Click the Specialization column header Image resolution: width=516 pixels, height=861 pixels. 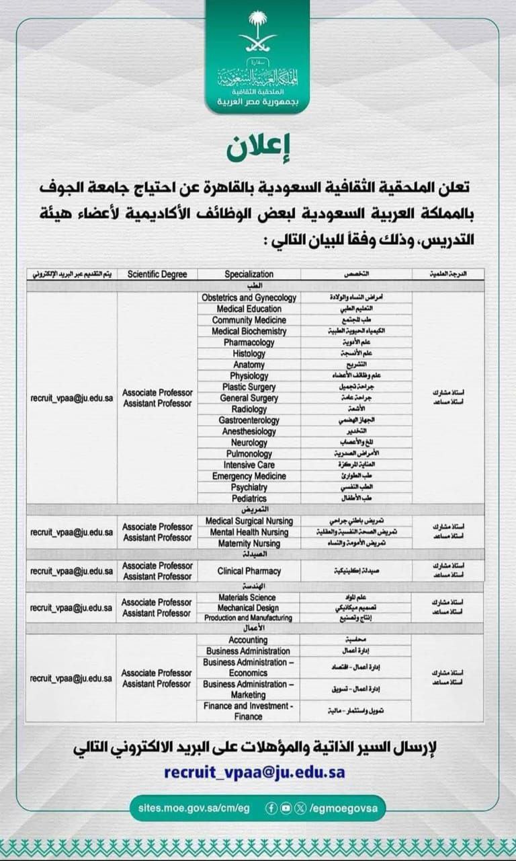pyautogui.click(x=249, y=274)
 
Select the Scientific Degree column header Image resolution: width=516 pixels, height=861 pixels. pyautogui.click(x=157, y=274)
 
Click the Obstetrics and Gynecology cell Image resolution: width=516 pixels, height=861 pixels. pyautogui.click(x=249, y=297)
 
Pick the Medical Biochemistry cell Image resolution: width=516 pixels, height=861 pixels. pyautogui.click(x=249, y=331)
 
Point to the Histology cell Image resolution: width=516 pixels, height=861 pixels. pyautogui.click(x=249, y=353)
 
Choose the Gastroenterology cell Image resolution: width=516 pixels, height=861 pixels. pyautogui.click(x=249, y=420)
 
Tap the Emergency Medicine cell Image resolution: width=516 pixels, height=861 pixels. pyautogui.click(x=249, y=476)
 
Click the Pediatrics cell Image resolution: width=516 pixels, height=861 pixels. pyautogui.click(x=249, y=498)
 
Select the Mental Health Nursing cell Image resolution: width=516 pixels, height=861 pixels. pyautogui.click(x=249, y=532)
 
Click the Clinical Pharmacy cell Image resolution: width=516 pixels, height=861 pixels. pyautogui.click(x=249, y=571)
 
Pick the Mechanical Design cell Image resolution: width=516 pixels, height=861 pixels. pyautogui.click(x=249, y=607)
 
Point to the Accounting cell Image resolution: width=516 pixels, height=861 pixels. pyautogui.click(x=249, y=640)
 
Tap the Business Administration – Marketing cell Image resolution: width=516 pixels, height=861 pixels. pyautogui.click(x=249, y=689)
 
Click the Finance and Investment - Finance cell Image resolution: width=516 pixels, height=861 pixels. pyautogui.click(x=249, y=711)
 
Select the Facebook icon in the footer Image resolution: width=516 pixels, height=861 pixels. pyautogui.click(x=271, y=808)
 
